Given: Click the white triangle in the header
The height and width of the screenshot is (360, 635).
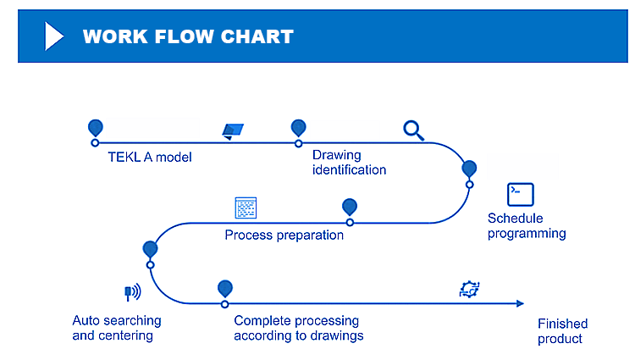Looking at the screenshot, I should coord(54,36).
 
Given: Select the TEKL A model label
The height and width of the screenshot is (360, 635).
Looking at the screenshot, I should coord(150,157).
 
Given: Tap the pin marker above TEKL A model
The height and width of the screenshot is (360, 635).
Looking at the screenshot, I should coord(95,127).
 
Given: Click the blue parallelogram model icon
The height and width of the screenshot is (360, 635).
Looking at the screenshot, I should coord(233,130).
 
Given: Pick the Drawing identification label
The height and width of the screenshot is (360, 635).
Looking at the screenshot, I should coord(349,163).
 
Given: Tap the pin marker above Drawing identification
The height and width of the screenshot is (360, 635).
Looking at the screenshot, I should coord(298,127).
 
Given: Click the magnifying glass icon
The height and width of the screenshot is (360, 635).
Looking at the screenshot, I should coord(413,130).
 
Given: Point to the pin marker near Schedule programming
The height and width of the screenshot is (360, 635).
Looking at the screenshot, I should coord(469,168).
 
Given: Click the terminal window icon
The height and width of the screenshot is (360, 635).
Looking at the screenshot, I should coord(520,194).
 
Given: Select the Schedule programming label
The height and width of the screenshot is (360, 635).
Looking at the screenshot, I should coord(527,226).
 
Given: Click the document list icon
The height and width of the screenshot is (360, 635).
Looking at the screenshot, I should coord(246,208).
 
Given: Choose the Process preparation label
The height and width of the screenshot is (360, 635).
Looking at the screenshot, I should coord(284,235).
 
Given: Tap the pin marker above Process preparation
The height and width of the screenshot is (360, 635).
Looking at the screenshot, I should coord(349,207).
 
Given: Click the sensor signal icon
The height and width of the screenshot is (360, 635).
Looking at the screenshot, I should coord(132,292).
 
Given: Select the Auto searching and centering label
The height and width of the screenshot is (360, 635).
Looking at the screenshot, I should coord(116,328).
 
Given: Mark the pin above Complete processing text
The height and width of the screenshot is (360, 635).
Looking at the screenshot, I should coord(224,288).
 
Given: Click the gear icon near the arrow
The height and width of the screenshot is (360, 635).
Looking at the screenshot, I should coord(469,290).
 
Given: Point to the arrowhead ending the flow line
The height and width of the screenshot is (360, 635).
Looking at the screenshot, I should coord(519,303).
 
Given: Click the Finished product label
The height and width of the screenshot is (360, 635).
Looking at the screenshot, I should coord(562,331).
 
